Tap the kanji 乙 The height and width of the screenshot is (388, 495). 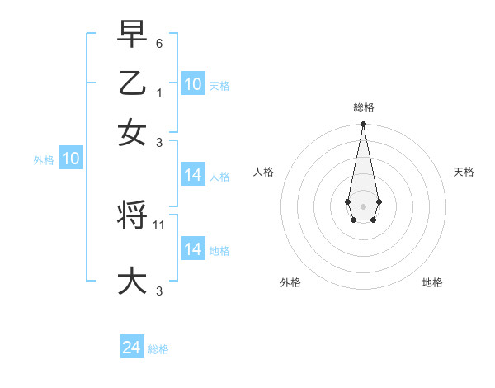pyautogui.click(x=132, y=83)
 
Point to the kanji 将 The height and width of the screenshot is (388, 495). pyautogui.click(x=132, y=216)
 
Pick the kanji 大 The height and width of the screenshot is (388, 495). pyautogui.click(x=132, y=281)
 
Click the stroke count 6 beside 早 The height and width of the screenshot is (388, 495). pyautogui.click(x=158, y=42)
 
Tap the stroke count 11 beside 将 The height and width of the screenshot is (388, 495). pyautogui.click(x=160, y=225)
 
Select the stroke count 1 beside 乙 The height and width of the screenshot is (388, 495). pyautogui.click(x=158, y=92)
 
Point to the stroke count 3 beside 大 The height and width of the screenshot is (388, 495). pyautogui.click(x=158, y=290)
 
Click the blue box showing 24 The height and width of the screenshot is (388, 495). pyautogui.click(x=132, y=348)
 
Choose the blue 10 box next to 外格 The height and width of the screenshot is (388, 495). pyautogui.click(x=70, y=159)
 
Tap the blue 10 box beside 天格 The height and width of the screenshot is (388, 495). pyautogui.click(x=193, y=83)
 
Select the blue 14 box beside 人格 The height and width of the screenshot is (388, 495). pyautogui.click(x=193, y=175)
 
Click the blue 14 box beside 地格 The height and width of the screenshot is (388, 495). pyautogui.click(x=193, y=249)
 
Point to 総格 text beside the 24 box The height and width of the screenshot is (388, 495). pyautogui.click(x=158, y=349)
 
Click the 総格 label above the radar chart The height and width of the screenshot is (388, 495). pyautogui.click(x=363, y=107)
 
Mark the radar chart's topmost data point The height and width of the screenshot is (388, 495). pyautogui.click(x=363, y=125)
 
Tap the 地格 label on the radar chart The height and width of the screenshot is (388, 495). pyautogui.click(x=432, y=282)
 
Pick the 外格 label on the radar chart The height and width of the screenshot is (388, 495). pyautogui.click(x=290, y=282)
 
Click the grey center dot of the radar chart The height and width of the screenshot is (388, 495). pyautogui.click(x=363, y=205)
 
